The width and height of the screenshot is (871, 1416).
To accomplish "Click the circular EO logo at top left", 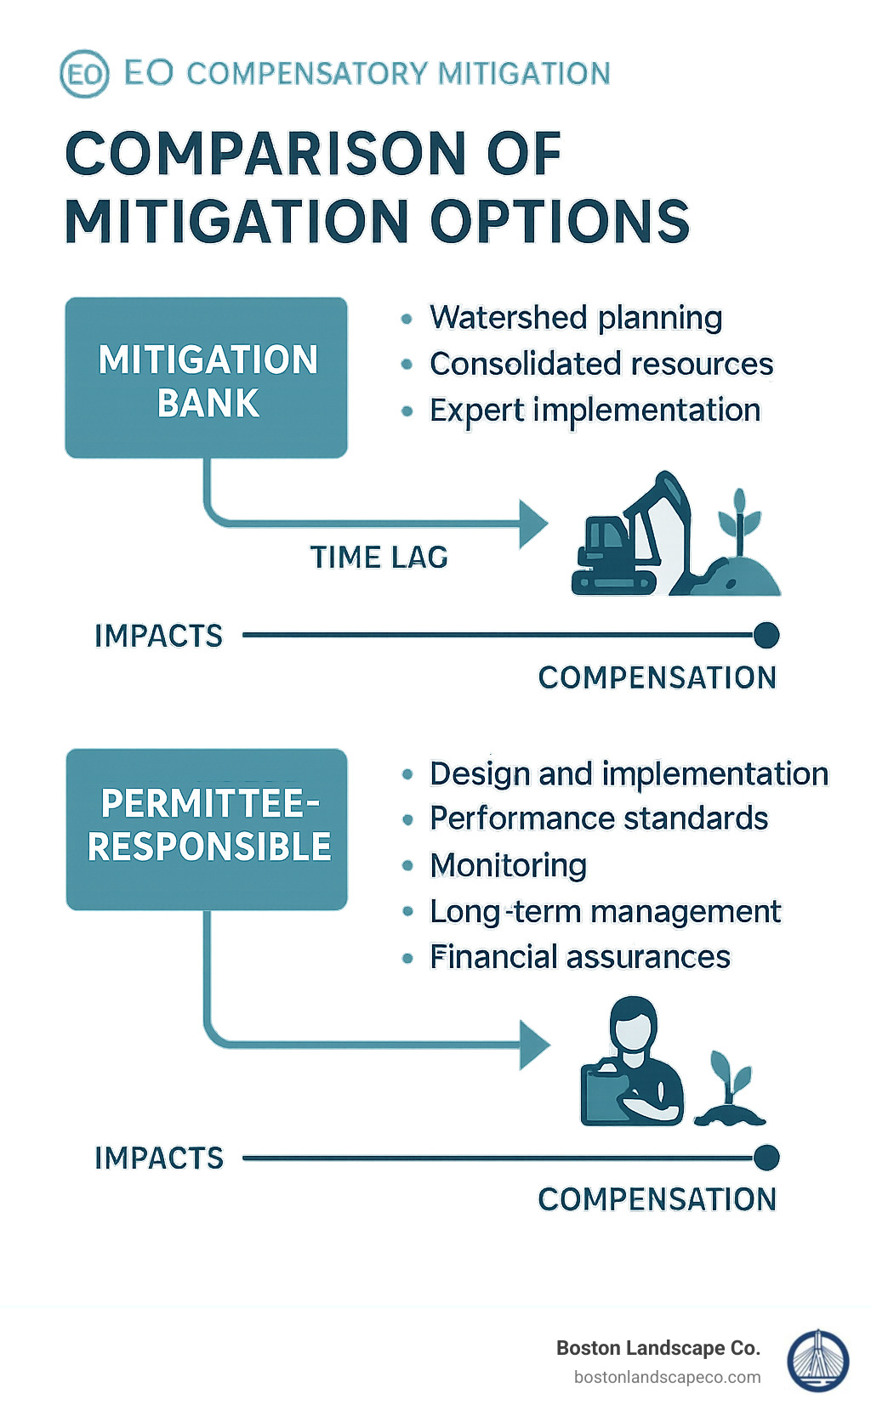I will (x=84, y=74).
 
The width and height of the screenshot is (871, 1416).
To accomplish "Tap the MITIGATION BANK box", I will (x=207, y=378).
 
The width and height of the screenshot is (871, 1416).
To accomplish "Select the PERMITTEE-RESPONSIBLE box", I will (x=207, y=829).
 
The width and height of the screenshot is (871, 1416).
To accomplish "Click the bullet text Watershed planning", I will (x=576, y=318).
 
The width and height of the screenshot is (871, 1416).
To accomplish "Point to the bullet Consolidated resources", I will (x=601, y=364).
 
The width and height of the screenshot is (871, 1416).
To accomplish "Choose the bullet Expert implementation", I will (x=595, y=411).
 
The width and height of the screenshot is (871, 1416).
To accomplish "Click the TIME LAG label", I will (x=379, y=558).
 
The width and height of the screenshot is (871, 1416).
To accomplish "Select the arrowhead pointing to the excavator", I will (x=533, y=524).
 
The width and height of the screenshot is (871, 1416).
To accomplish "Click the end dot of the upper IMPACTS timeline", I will (x=766, y=635).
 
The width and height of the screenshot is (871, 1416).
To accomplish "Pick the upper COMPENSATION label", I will (x=658, y=678).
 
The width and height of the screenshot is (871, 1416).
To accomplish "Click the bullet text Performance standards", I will (x=599, y=818).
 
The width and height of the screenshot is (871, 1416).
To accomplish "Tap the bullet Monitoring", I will (x=509, y=865).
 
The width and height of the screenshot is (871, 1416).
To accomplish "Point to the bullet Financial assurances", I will (x=580, y=957).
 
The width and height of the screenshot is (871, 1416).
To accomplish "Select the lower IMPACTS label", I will (x=159, y=1158).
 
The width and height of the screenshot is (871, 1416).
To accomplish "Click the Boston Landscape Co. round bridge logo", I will (x=817, y=1361).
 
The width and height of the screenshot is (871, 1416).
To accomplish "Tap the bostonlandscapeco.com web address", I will (x=667, y=1378).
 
